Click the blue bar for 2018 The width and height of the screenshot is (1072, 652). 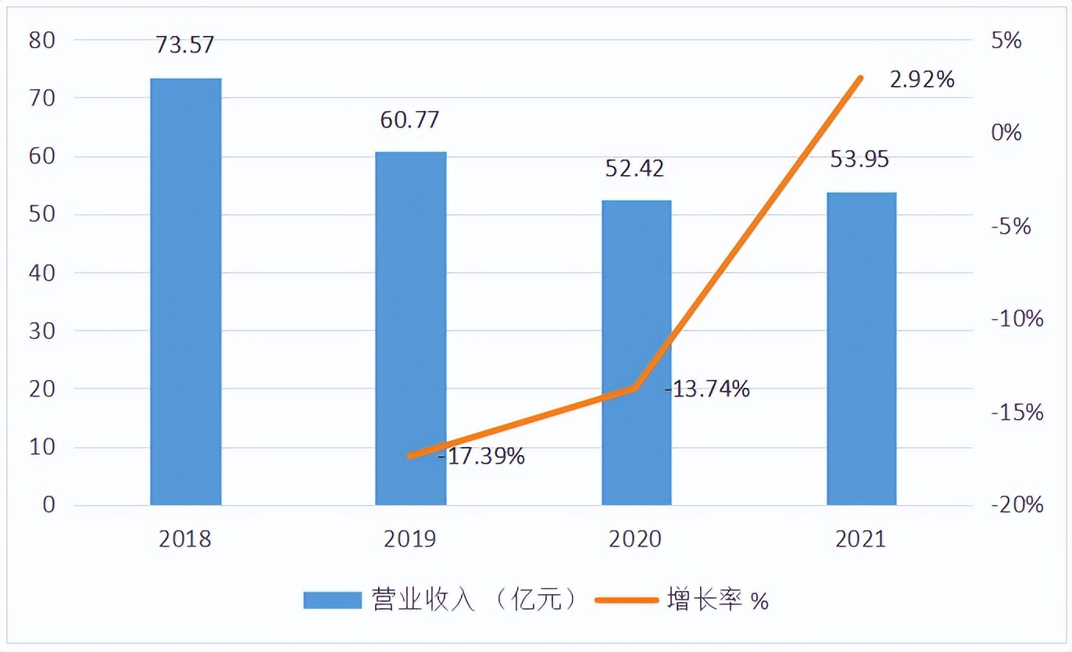(x=186, y=291)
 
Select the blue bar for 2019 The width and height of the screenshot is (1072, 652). (x=411, y=328)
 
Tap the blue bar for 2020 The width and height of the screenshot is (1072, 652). (x=636, y=352)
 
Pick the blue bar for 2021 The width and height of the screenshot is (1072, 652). (x=861, y=348)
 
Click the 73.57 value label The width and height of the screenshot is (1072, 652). (x=184, y=45)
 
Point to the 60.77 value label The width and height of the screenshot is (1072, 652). (x=410, y=120)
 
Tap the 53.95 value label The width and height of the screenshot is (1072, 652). (x=860, y=159)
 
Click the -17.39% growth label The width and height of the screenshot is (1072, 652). (x=481, y=456)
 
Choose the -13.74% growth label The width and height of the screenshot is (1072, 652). (x=707, y=389)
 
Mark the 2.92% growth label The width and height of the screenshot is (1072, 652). (x=922, y=79)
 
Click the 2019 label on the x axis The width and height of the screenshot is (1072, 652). (x=410, y=539)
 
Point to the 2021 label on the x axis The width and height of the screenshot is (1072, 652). (x=860, y=539)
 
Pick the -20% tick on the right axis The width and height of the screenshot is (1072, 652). (x=1016, y=505)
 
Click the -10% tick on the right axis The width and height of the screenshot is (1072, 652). (x=1016, y=319)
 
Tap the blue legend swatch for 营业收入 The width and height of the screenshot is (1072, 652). (x=332, y=600)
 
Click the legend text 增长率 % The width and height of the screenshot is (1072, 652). (x=718, y=600)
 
